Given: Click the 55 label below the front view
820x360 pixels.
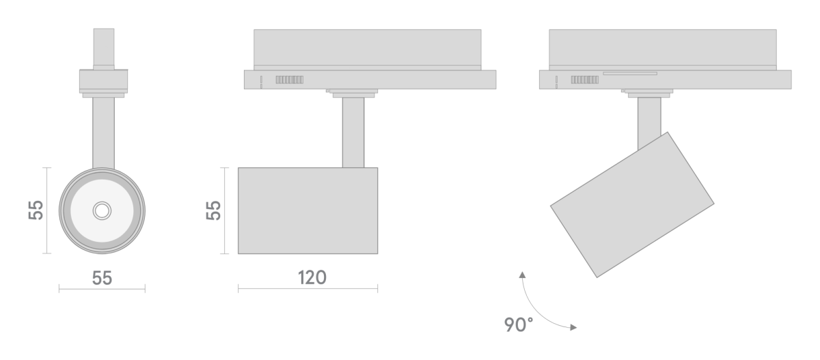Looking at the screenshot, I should pyautogui.click(x=102, y=277).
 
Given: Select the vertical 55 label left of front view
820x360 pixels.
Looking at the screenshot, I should pyautogui.click(x=36, y=210).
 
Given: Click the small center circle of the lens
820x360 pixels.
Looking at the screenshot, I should pyautogui.click(x=102, y=210).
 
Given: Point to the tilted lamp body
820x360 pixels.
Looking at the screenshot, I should pyautogui.click(x=632, y=204).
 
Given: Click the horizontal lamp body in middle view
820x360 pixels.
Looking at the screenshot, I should pyautogui.click(x=307, y=210).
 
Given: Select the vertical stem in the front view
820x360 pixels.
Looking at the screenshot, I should pyautogui.click(x=103, y=133).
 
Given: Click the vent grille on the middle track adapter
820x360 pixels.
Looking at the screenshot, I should pyautogui.click(x=289, y=80).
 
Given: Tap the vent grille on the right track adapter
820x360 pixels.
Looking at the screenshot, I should pyautogui.click(x=585, y=80).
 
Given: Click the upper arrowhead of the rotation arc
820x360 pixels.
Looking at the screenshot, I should pyautogui.click(x=523, y=275).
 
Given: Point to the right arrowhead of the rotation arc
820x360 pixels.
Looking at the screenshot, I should pyautogui.click(x=573, y=327).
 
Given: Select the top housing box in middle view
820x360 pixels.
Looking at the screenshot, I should pyautogui.click(x=367, y=48).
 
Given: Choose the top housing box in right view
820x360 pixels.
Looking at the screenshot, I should pyautogui.click(x=662, y=48).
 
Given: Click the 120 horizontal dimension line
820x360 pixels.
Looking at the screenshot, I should pyautogui.click(x=307, y=289).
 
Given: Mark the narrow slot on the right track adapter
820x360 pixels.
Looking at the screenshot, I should pyautogui.click(x=629, y=73).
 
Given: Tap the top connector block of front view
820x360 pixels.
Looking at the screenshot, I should pyautogui.click(x=103, y=47).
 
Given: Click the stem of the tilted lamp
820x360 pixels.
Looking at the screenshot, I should pyautogui.click(x=648, y=120).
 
